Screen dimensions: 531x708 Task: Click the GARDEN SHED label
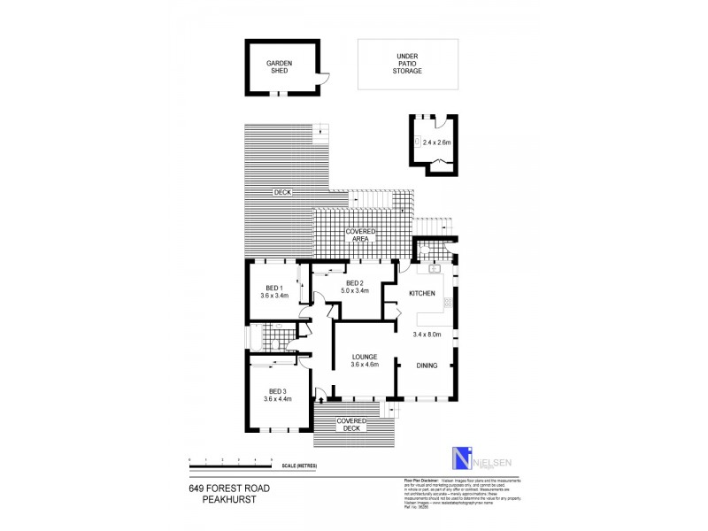coord(280,67)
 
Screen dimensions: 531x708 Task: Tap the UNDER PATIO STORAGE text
coord(407,64)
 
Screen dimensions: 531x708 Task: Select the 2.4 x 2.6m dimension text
coord(436,142)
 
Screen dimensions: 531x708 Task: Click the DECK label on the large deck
coord(282,192)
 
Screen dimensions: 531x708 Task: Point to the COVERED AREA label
coord(361,235)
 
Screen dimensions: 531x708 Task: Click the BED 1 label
coord(273,291)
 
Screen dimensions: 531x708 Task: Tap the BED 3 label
coord(278,395)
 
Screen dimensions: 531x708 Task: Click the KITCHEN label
coord(422,294)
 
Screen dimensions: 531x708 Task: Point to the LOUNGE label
coord(365,358)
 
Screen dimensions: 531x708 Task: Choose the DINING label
coord(427,365)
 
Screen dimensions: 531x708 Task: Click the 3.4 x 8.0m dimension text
coord(427,334)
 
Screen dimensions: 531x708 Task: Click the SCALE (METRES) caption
coord(299,466)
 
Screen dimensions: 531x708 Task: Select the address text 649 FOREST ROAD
coord(229,488)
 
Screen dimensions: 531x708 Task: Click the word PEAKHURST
coord(229,499)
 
